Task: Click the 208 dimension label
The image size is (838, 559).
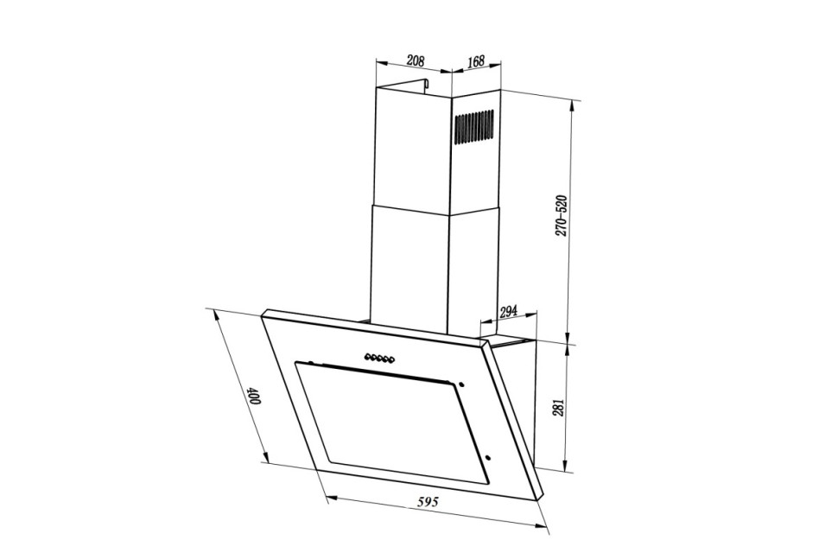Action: (416, 60)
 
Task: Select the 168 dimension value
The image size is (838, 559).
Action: (476, 61)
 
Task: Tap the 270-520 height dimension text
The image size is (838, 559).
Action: (561, 216)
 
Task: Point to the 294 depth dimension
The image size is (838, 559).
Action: (508, 312)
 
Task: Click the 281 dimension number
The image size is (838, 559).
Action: (559, 409)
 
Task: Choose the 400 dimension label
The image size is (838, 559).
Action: (253, 397)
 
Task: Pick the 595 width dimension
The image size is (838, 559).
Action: (429, 501)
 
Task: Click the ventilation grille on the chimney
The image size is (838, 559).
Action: (474, 127)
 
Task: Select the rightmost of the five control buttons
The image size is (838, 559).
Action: (391, 361)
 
